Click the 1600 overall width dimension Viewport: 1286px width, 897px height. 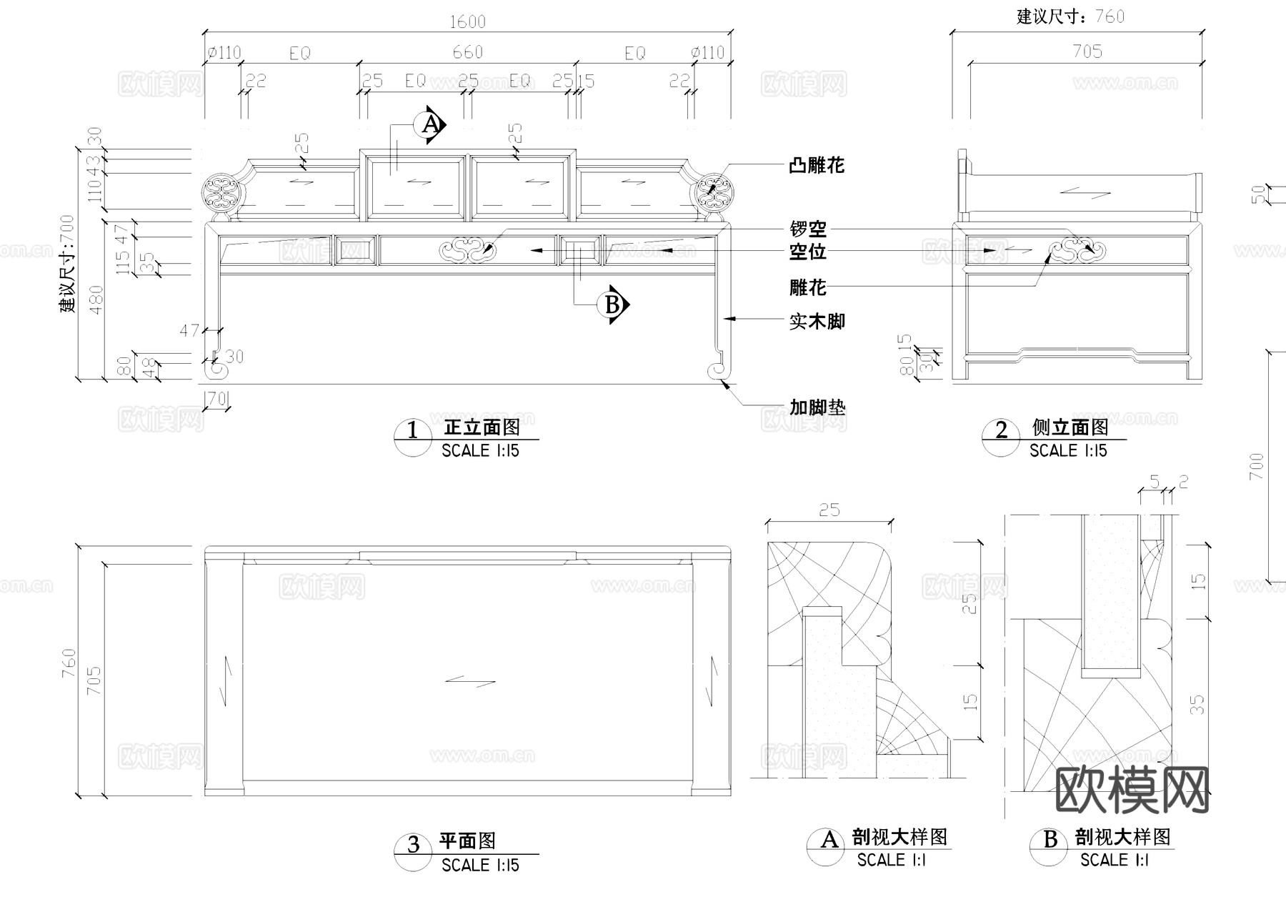pos(467,21)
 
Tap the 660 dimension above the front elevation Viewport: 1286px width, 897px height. pos(467,52)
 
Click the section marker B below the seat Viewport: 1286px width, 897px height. pos(613,305)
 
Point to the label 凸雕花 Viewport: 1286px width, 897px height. pos(817,166)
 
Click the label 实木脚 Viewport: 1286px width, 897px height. pos(817,322)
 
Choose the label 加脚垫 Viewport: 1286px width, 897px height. pos(817,407)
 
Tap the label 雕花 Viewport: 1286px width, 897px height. pos(808,287)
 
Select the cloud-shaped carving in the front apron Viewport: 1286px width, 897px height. pos(467,250)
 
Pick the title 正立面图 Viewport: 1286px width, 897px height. pos(482,427)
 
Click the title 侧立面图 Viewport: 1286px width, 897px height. pos(1070,427)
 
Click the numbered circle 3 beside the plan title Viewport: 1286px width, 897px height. pos(413,845)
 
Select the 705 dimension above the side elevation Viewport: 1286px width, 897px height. pos(1087,51)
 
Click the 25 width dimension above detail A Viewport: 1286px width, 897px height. pos(829,510)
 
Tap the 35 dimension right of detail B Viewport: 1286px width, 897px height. pos(1198,705)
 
